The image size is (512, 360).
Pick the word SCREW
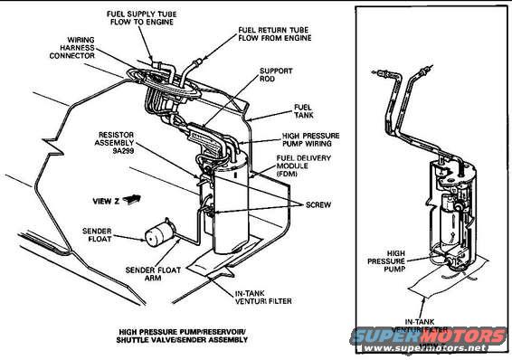point(312,204)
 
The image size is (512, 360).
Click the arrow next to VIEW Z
point(135,194)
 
